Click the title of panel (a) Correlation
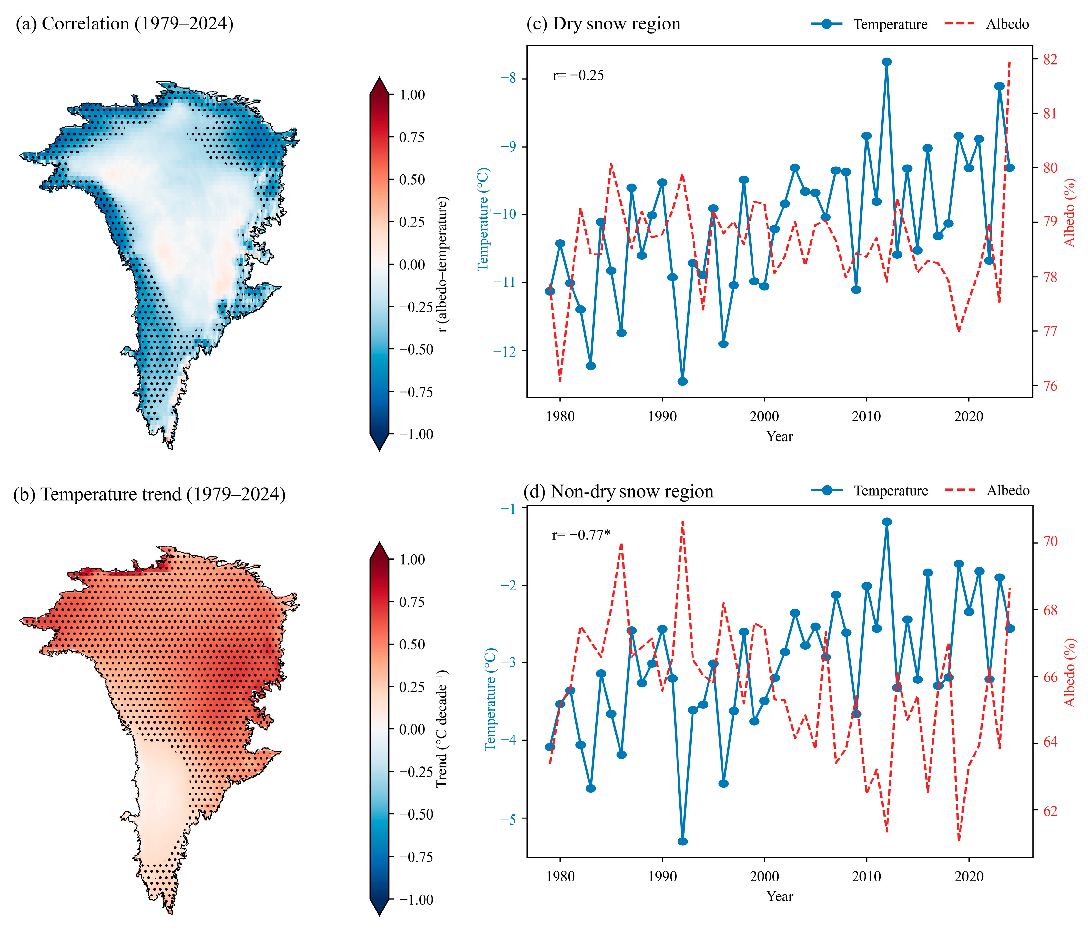click(125, 23)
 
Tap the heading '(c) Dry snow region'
click(603, 23)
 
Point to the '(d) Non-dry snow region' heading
click(619, 492)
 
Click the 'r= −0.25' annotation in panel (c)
click(578, 76)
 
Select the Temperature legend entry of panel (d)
click(870, 491)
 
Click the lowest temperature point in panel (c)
click(683, 381)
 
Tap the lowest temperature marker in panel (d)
click(683, 841)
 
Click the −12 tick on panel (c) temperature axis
click(505, 351)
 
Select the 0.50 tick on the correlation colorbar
click(412, 180)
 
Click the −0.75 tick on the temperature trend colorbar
click(416, 857)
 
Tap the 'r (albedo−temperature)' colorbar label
click(443, 265)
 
